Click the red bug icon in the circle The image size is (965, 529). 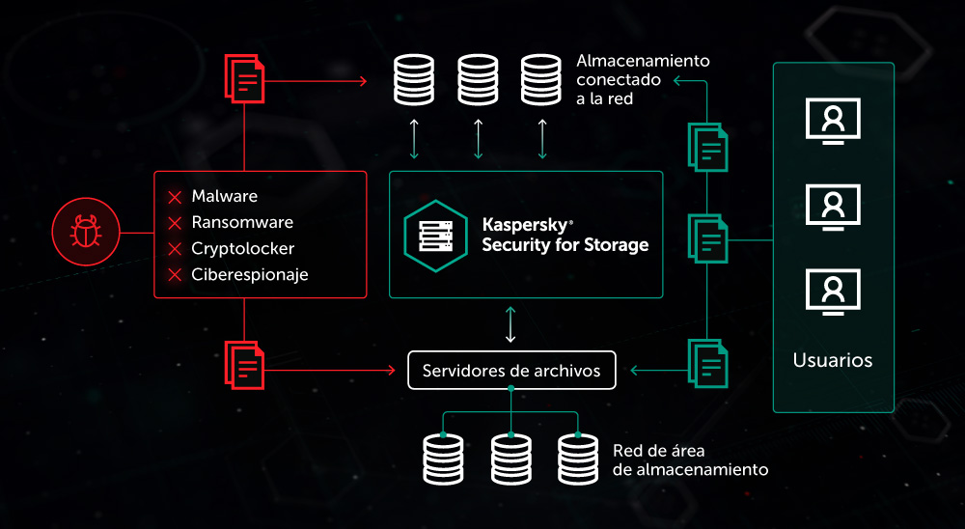click(x=86, y=232)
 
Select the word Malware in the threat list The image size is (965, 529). click(x=224, y=197)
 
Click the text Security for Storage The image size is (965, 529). click(x=565, y=245)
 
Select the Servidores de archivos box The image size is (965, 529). click(x=510, y=371)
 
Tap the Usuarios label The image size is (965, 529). click(x=833, y=361)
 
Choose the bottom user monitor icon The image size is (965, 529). click(x=833, y=291)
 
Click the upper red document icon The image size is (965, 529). click(x=244, y=78)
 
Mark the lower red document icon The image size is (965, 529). click(x=244, y=364)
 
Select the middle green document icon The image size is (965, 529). click(x=707, y=238)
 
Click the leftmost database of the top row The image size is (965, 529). click(x=414, y=80)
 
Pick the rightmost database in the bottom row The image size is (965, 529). click(x=578, y=459)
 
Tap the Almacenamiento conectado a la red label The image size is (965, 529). click(x=643, y=79)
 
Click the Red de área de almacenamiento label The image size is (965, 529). click(x=690, y=460)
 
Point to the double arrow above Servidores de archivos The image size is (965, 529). click(x=510, y=325)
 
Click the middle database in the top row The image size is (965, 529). click(x=478, y=80)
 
